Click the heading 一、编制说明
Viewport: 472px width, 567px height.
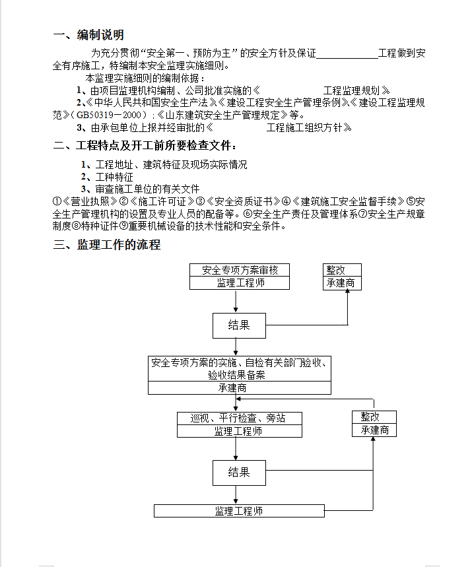point(88,35)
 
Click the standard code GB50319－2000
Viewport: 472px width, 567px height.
point(108,116)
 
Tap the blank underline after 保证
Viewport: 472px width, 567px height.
point(347,57)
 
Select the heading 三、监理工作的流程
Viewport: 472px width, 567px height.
point(107,245)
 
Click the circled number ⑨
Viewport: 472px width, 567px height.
point(123,226)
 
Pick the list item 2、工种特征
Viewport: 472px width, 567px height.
point(107,177)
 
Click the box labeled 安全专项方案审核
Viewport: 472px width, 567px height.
point(240,270)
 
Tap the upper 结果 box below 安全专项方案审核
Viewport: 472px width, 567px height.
point(239,325)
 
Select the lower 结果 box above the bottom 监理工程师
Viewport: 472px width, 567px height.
point(239,473)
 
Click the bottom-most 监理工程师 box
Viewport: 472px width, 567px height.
point(239,511)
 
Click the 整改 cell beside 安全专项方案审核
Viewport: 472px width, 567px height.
point(342,270)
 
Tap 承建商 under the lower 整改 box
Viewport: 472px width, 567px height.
point(374,430)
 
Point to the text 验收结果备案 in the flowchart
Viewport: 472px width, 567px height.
point(236,375)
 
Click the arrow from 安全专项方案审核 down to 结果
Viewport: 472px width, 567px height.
point(236,301)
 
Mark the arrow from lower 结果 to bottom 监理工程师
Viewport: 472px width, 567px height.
point(236,494)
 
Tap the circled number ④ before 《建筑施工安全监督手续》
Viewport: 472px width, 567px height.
point(286,201)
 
